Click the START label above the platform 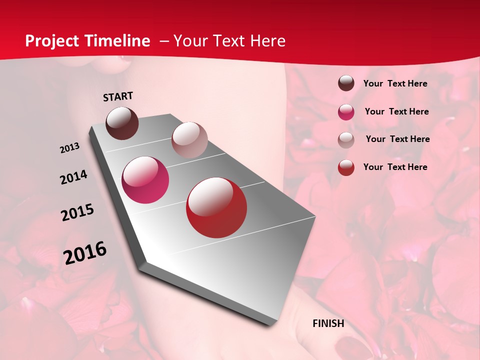click(118, 96)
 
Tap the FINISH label click(328, 323)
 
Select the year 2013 click(70, 148)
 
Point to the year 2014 click(73, 177)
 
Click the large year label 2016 click(85, 252)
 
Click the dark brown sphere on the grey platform click(122, 123)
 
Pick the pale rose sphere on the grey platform click(189, 139)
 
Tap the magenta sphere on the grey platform click(145, 180)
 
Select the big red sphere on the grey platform click(216, 207)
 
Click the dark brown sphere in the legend click(346, 83)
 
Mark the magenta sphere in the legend click(346, 112)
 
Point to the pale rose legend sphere click(346, 140)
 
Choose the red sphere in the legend click(346, 167)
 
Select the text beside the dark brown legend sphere click(395, 84)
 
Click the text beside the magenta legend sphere click(396, 111)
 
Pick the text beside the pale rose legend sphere click(397, 139)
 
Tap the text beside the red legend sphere click(395, 167)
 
